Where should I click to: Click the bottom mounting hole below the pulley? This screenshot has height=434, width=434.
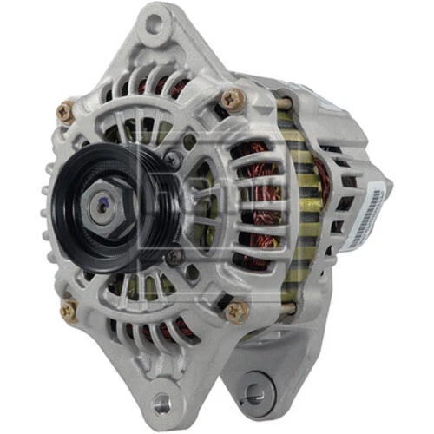pyautogui.click(x=161, y=402)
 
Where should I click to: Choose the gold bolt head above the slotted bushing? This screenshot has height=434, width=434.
pyautogui.click(x=235, y=310)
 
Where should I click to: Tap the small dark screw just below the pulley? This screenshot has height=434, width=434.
pyautogui.click(x=174, y=257)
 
